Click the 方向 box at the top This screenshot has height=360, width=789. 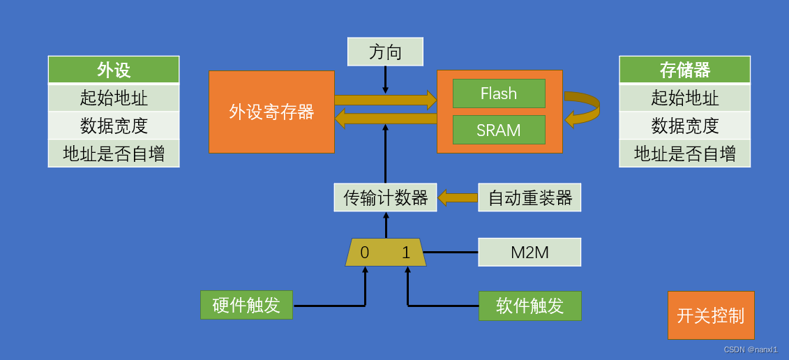(x=385, y=52)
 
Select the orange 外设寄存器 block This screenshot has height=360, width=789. (x=271, y=112)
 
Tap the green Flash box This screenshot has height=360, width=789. (x=499, y=93)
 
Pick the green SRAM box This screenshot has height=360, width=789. (x=499, y=130)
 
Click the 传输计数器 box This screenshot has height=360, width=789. (x=385, y=197)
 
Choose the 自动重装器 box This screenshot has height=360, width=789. (x=529, y=197)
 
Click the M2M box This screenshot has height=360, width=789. (x=529, y=252)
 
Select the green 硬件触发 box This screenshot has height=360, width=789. (x=246, y=306)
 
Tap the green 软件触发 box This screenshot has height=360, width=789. (x=529, y=306)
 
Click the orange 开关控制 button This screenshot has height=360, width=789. (x=711, y=315)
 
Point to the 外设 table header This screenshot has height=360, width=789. (x=114, y=70)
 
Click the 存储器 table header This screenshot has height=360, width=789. (x=684, y=70)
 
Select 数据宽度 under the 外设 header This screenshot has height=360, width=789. (x=114, y=126)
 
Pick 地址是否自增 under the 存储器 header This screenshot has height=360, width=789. (x=684, y=153)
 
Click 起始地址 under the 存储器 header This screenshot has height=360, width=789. (x=684, y=98)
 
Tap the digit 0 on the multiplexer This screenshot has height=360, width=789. (x=365, y=253)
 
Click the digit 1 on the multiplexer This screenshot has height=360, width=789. (x=406, y=253)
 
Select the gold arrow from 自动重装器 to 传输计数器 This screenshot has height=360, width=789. (x=458, y=197)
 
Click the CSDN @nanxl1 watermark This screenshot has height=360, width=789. (x=750, y=350)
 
